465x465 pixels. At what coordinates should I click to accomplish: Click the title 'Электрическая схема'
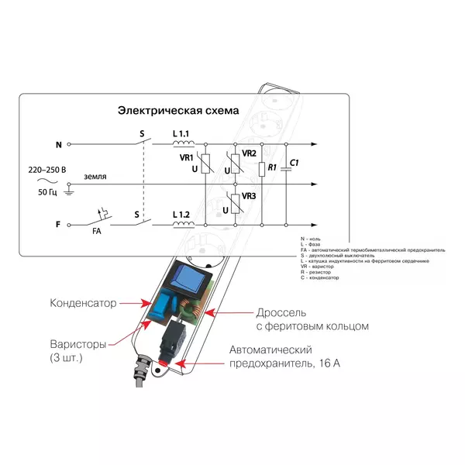[x=177, y=110]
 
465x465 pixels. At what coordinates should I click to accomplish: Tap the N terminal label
[x=59, y=145]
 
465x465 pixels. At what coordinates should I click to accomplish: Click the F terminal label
[x=59, y=225]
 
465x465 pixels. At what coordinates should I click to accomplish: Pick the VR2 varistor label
[x=248, y=153]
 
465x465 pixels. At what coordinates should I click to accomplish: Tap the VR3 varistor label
[x=248, y=197]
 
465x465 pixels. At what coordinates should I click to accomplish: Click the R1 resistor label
[x=271, y=167]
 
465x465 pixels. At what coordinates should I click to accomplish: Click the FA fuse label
[x=97, y=231]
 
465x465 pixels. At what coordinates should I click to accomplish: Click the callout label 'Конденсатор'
[x=83, y=303]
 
